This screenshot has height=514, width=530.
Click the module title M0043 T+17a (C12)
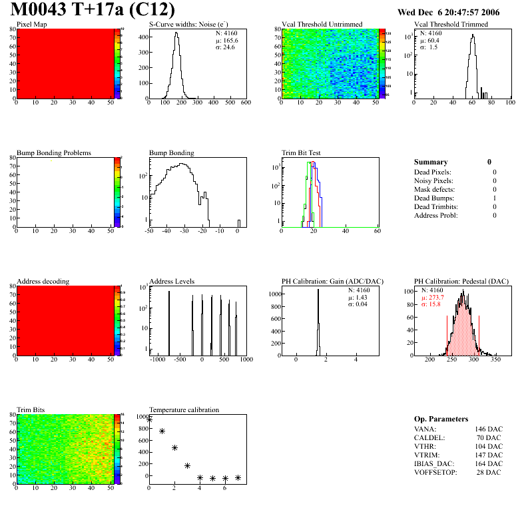coord(93,10)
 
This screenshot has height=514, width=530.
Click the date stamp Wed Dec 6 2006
coord(448,12)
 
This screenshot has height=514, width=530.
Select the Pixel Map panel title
coord(31,25)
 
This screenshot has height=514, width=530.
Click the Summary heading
coord(431,162)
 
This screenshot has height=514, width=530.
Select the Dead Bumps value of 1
coord(494,198)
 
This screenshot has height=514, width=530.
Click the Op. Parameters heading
coord(441,419)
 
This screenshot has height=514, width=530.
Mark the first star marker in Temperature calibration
coord(149,419)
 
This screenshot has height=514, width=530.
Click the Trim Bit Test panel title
coord(302,153)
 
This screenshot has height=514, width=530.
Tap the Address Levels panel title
coord(172,282)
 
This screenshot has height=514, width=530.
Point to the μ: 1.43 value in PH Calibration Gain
coord(358,298)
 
